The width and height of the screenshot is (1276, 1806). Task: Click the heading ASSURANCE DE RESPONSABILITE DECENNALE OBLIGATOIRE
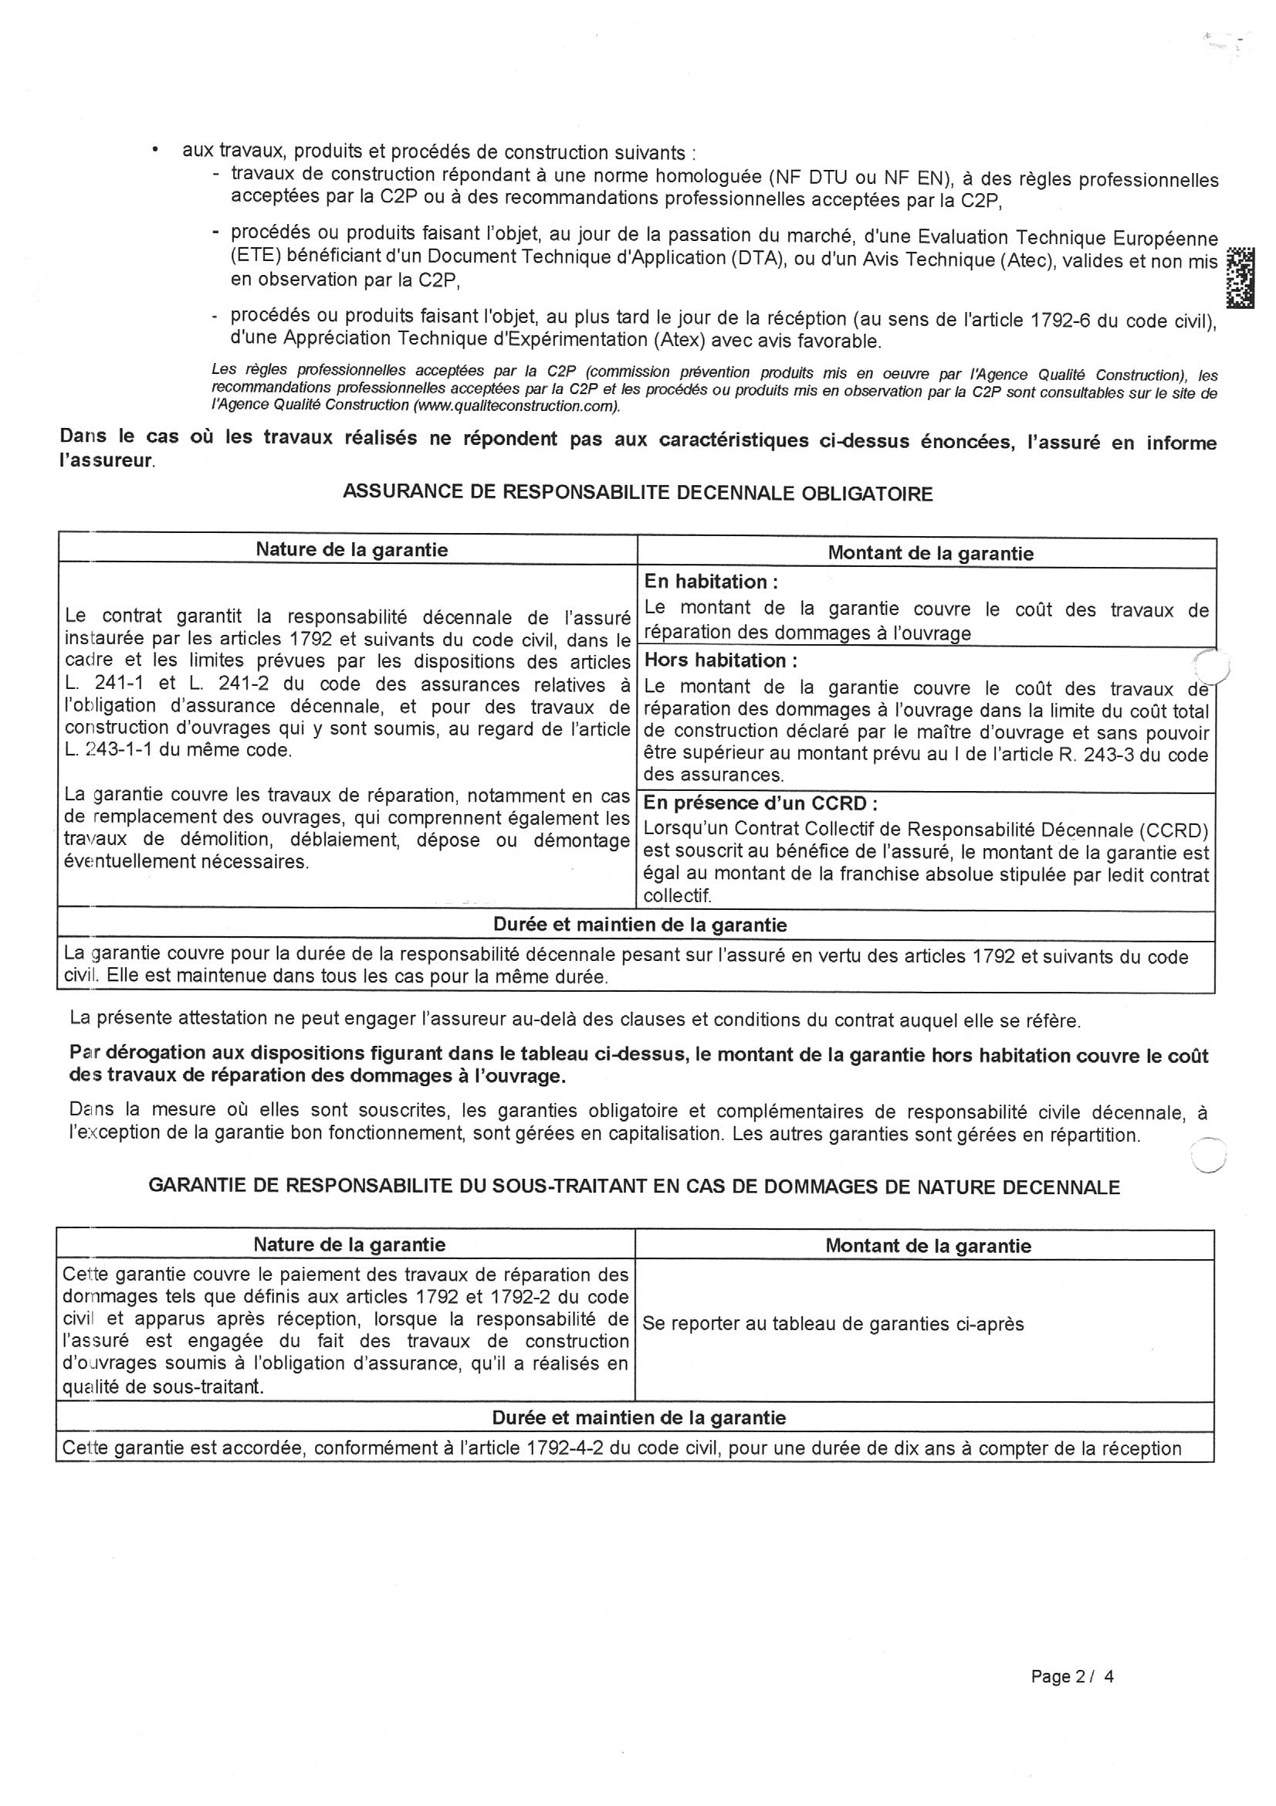coord(638,493)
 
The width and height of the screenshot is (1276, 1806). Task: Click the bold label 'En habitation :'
coord(710,582)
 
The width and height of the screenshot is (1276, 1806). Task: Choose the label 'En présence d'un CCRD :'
coord(760,803)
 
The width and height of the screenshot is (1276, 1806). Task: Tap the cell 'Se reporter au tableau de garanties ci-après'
coord(833,1324)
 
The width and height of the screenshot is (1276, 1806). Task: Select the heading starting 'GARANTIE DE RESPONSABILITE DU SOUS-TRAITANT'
coord(634,1187)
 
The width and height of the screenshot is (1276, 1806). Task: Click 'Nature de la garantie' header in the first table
coord(351,550)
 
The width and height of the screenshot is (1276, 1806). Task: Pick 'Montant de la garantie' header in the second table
coord(928,1245)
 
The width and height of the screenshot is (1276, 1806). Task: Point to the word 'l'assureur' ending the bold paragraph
coord(105,461)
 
